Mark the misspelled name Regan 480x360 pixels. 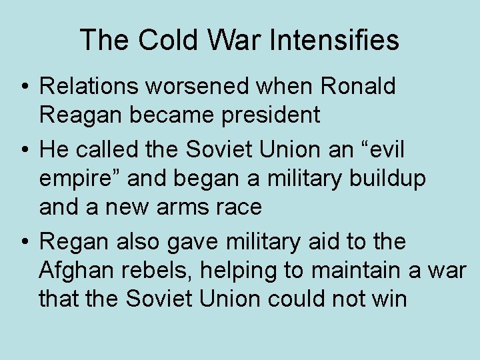pyautogui.click(x=73, y=241)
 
